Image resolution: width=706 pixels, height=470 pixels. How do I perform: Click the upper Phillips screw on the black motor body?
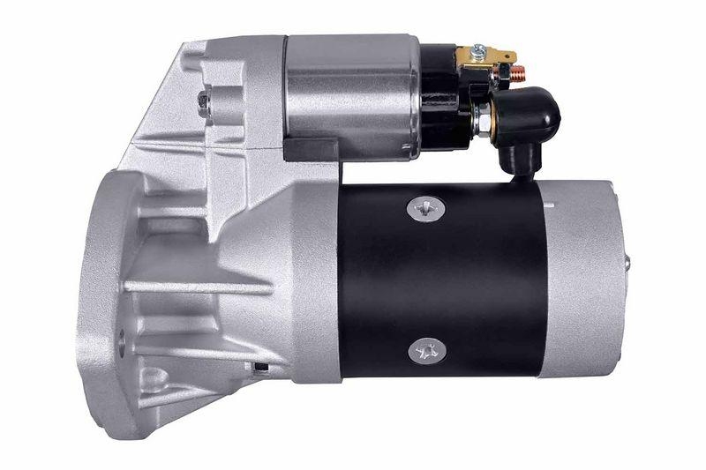pyautogui.click(x=426, y=209)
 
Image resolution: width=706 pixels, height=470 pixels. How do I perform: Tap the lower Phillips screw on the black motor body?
pyautogui.click(x=427, y=350)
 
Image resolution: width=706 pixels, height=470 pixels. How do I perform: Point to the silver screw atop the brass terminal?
pyautogui.click(x=477, y=50)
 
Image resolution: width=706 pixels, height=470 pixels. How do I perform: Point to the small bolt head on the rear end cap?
pyautogui.click(x=627, y=263)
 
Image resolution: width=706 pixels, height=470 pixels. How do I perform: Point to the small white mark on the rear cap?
pyautogui.click(x=550, y=205)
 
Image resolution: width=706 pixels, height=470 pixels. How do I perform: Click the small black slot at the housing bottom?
pyautogui.click(x=259, y=363)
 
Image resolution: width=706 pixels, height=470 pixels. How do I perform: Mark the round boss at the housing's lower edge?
pyautogui.click(x=154, y=380)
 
